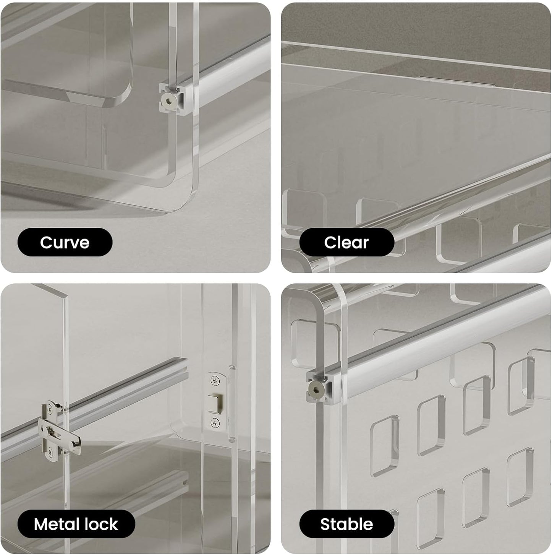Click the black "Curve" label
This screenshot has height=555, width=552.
coord(65,242)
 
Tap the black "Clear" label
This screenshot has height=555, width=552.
coord(346,242)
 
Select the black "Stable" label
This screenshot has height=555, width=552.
coord(346,524)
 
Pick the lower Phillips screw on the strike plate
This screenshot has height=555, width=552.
coord(215,422)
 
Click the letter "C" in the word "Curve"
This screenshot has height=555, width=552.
coord(46,242)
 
